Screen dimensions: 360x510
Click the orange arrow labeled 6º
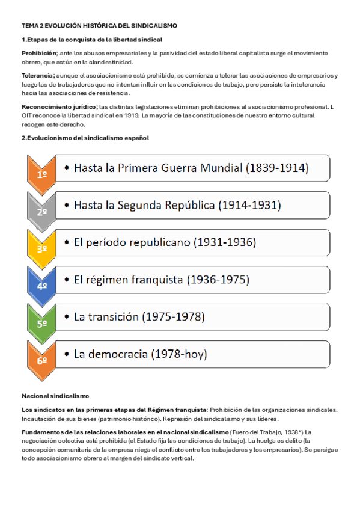pyautogui.click(x=42, y=360)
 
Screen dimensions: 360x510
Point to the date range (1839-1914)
pyautogui.click(x=277, y=169)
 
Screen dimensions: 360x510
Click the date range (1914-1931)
pyautogui.click(x=248, y=206)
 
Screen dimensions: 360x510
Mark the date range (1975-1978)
pyautogui.click(x=173, y=317)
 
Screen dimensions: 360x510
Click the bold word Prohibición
pyautogui.click(x=38, y=53)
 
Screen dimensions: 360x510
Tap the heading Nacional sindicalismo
pyautogui.click(x=55, y=396)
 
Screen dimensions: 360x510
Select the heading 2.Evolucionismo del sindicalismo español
pyautogui.click(x=85, y=138)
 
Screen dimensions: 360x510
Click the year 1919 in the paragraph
pyautogui.click(x=132, y=114)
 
